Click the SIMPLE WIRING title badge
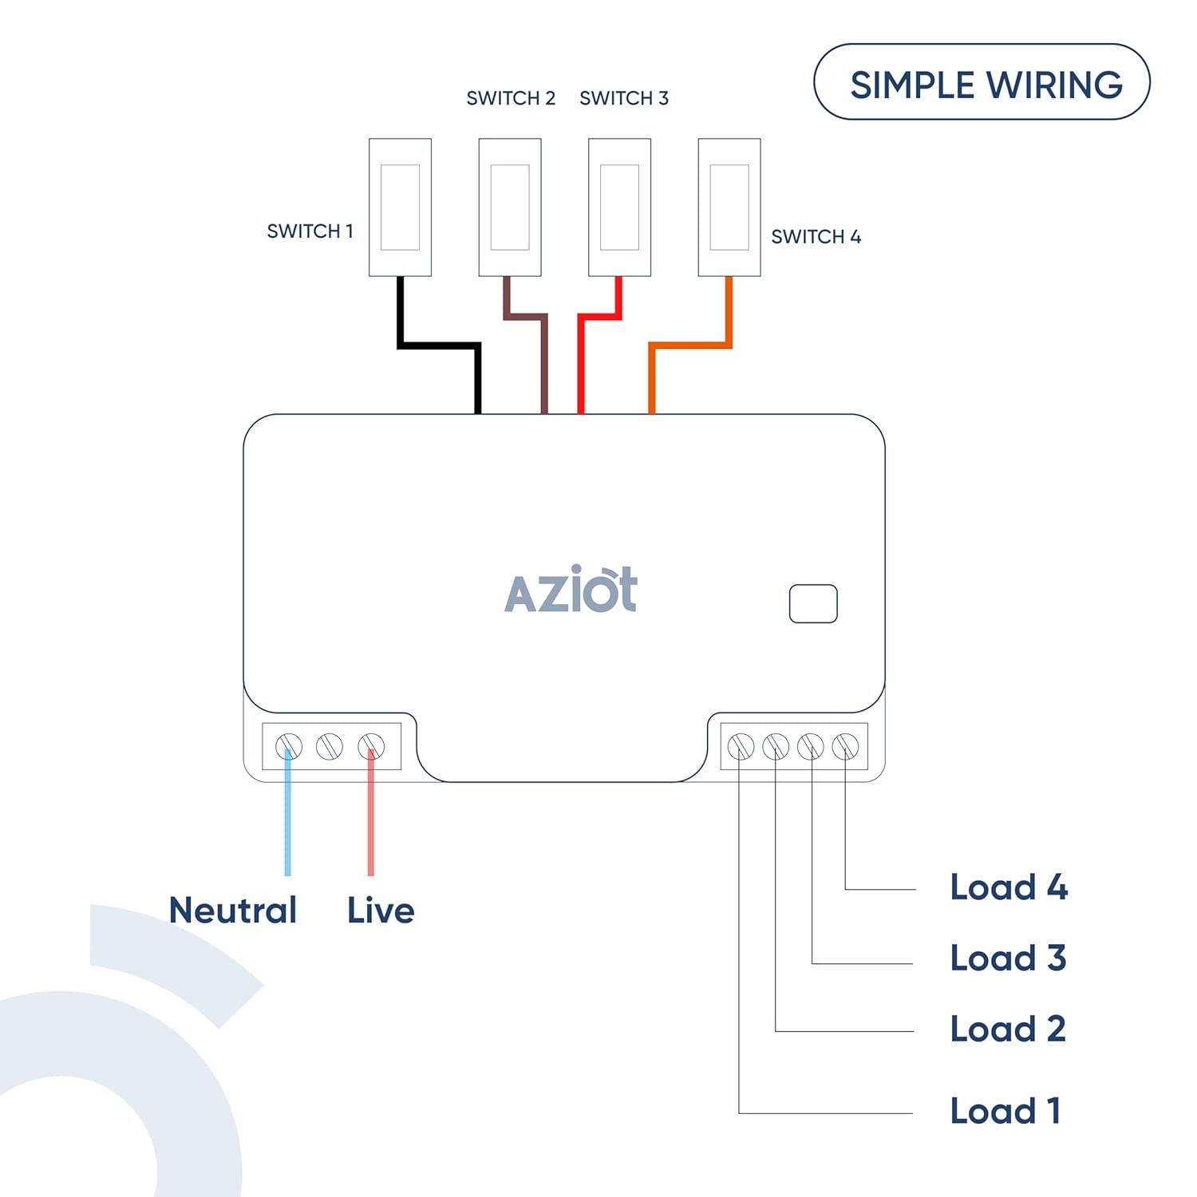pyautogui.click(x=982, y=82)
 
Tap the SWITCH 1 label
pyautogui.click(x=310, y=231)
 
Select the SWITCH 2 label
pyautogui.click(x=511, y=98)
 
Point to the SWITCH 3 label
pyautogui.click(x=624, y=98)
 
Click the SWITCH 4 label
pyautogui.click(x=816, y=237)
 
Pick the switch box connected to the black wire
pyautogui.click(x=400, y=207)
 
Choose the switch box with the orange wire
pyautogui.click(x=729, y=207)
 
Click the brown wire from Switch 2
pyautogui.click(x=544, y=359)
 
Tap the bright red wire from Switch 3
pyautogui.click(x=581, y=359)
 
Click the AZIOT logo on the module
pyautogui.click(x=571, y=591)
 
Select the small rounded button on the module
pyautogui.click(x=813, y=604)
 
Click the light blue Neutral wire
pyautogui.click(x=288, y=822)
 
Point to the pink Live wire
pyautogui.click(x=371, y=822)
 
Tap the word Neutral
pyautogui.click(x=233, y=911)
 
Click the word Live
pyautogui.click(x=381, y=911)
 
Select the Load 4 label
pyautogui.click(x=1009, y=887)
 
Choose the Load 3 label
pyautogui.click(x=1008, y=958)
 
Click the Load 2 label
pyautogui.click(x=1008, y=1029)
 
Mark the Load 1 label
pyautogui.click(x=1005, y=1111)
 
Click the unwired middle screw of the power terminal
pyautogui.click(x=330, y=747)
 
